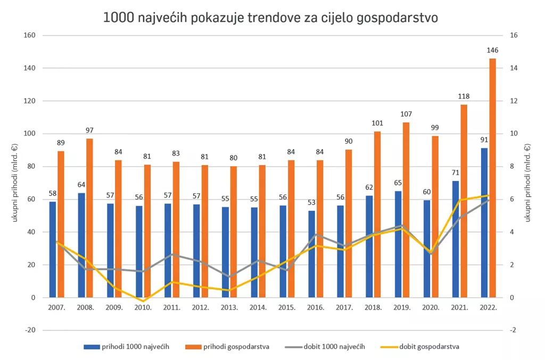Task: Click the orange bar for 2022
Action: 492,178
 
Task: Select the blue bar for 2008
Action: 81,245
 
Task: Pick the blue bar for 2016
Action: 311,254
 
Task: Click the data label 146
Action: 492,51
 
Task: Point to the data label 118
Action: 464,96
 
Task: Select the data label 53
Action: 311,202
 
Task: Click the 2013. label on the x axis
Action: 229,308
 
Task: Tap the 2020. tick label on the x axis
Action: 430,308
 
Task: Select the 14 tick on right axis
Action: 514,68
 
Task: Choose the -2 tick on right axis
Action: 514,330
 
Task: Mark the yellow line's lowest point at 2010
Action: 143,301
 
